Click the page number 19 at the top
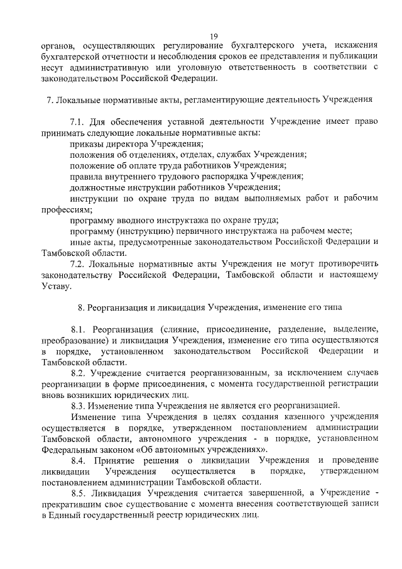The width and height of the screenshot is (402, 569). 214,36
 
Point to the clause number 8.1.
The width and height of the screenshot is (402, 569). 80,329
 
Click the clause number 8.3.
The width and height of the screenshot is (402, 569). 80,406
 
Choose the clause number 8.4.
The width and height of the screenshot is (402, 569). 80,461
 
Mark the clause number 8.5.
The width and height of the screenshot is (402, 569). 80,494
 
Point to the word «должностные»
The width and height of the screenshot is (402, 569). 95,187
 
